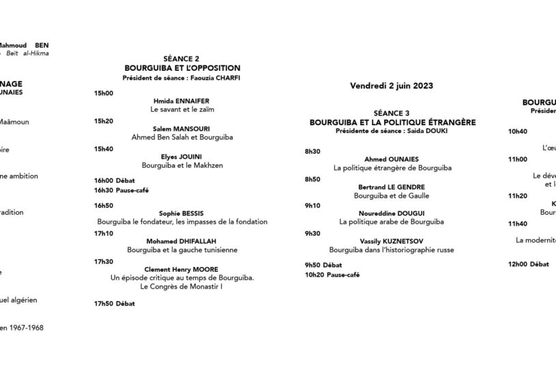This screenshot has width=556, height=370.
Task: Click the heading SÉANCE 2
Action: coord(181,59)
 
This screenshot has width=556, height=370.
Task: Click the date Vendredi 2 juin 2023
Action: coord(392,86)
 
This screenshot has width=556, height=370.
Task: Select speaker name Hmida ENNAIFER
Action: coord(181,100)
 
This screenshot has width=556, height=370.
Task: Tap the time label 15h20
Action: coord(104,121)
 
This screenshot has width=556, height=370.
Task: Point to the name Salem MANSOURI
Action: coord(181,128)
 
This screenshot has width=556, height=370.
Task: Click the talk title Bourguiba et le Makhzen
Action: coord(181,165)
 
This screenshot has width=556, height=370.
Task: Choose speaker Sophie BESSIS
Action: coord(181,213)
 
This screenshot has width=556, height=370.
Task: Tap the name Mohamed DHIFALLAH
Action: coord(181,241)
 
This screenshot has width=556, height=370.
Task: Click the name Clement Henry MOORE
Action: coord(181,269)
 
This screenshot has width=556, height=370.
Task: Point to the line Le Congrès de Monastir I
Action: coord(181,287)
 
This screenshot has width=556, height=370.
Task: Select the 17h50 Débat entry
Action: coord(114,303)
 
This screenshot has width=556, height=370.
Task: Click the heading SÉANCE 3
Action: coord(392,113)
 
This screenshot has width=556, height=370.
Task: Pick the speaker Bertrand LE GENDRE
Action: coord(392,186)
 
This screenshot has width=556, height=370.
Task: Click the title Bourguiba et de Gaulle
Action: coord(392,195)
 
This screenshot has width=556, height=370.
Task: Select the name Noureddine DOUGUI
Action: coord(392,213)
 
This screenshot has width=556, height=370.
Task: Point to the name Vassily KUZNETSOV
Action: coord(392,241)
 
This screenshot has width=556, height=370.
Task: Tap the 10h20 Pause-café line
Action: coord(332,275)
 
